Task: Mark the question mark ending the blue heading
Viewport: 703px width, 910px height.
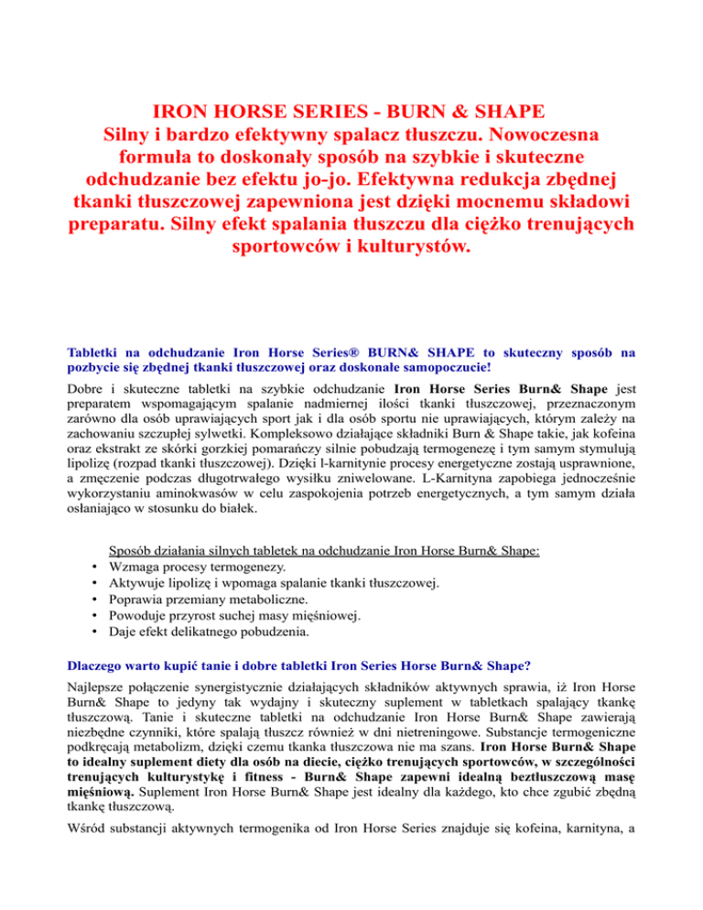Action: pos(472,663)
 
